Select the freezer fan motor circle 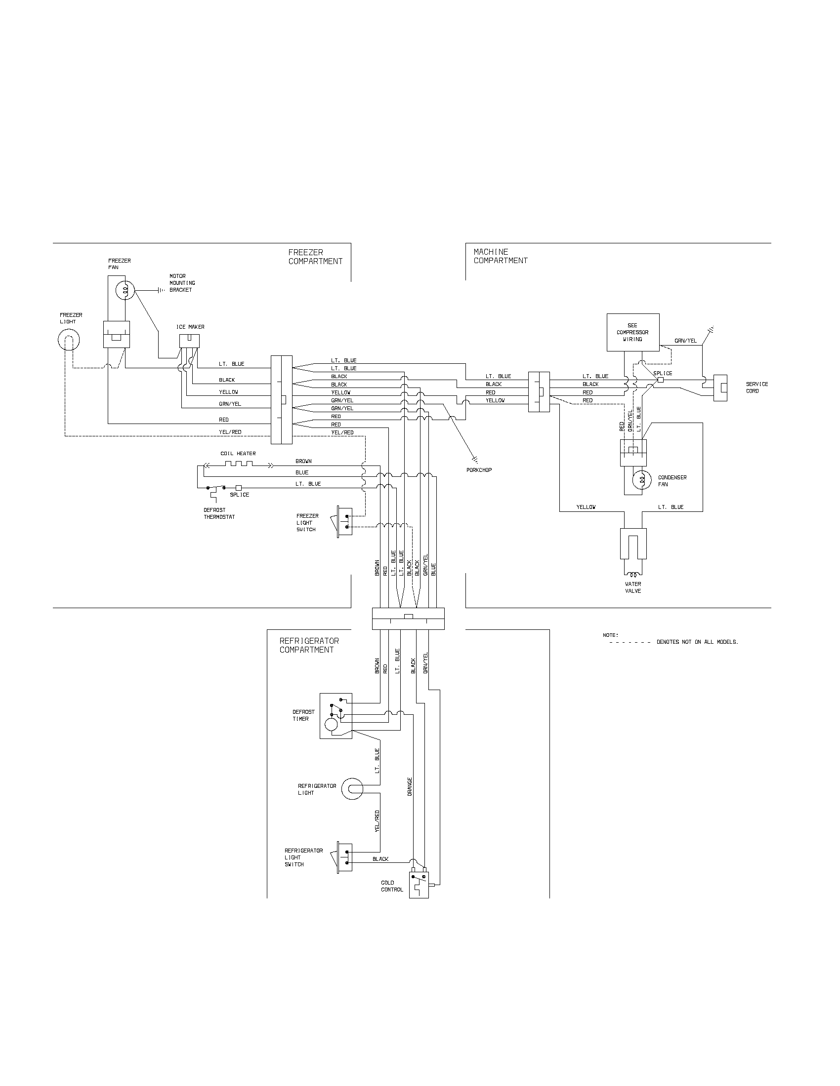click(124, 290)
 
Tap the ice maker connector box click(190, 341)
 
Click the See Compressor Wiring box click(633, 332)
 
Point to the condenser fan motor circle click(641, 480)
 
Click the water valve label click(633, 587)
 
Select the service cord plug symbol click(720, 388)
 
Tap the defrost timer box click(336, 716)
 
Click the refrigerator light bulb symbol click(353, 789)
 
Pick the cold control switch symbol click(419, 884)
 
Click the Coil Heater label click(238, 454)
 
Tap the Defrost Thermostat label click(219, 514)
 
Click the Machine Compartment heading click(500, 256)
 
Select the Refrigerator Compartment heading click(308, 646)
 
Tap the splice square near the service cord click(660, 380)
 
